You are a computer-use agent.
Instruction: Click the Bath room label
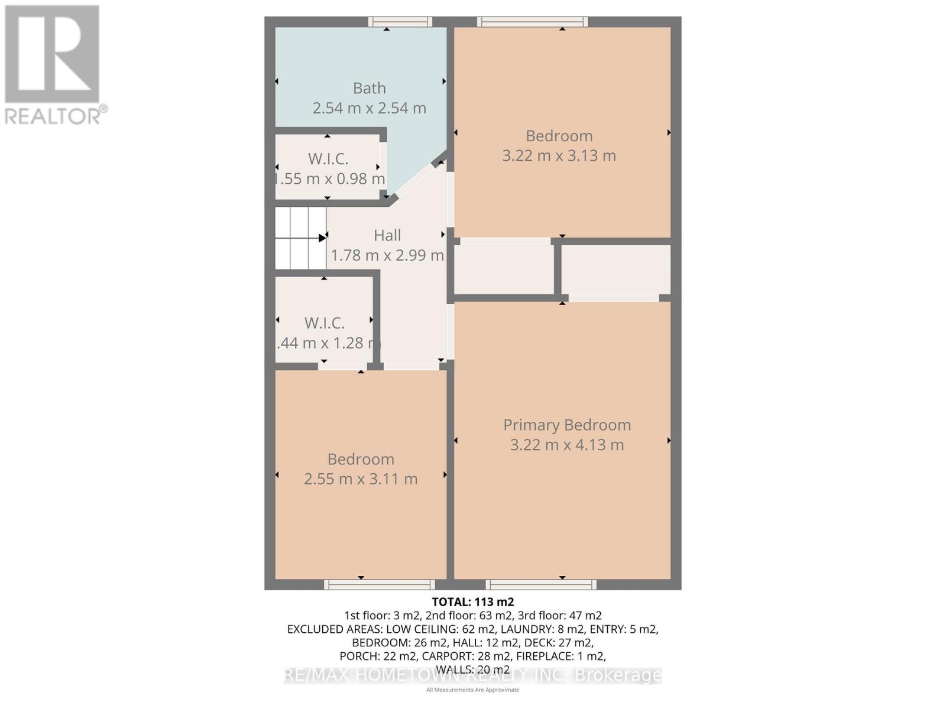370,88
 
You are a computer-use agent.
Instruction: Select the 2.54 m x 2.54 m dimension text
370,108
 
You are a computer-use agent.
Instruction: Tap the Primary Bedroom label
567,425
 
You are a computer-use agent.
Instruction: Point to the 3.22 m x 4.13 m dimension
567,445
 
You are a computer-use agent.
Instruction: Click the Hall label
387,235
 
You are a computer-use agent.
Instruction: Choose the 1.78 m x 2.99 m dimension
387,255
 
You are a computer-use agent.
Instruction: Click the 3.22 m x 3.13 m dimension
559,155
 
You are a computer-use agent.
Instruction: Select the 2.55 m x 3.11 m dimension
361,479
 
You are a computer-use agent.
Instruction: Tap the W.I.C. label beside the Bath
328,159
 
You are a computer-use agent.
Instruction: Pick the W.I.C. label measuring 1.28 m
325,323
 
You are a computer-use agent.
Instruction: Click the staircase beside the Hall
300,238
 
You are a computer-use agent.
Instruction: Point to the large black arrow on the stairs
322,238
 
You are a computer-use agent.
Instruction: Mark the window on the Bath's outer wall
400,22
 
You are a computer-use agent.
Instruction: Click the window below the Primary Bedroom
541,584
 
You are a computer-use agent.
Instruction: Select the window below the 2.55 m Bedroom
380,584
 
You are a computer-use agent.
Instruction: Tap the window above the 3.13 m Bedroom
533,22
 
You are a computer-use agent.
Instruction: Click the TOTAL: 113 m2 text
473,602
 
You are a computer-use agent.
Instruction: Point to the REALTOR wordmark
56,116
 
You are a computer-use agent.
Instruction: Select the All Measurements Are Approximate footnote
473,690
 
